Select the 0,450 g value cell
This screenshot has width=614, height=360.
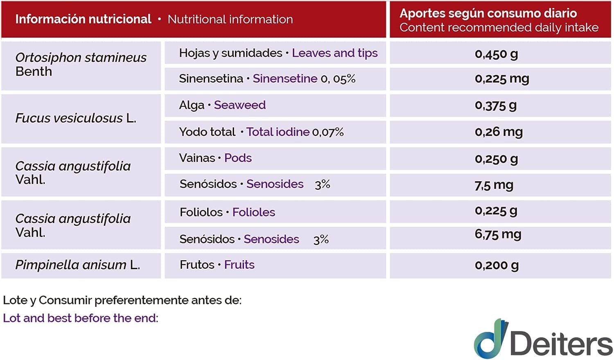coord(496,54)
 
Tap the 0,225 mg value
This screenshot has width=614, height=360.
coord(502,79)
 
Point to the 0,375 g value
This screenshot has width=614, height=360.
coord(496,106)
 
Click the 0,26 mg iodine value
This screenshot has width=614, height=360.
coord(499,132)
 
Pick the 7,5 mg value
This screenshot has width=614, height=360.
coord(494,185)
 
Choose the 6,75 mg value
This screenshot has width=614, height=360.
coord(498,234)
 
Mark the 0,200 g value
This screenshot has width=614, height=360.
coord(497,265)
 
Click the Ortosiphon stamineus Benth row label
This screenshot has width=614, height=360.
coord(81,64)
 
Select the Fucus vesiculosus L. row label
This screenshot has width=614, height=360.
coord(76,118)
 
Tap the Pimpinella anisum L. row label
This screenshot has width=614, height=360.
coord(78,265)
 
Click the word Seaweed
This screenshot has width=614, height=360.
coord(240,105)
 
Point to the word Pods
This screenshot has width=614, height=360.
coord(238,158)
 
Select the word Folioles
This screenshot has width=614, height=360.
coord(254,212)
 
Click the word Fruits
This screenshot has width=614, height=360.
coord(239,265)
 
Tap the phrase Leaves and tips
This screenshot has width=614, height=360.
coord(334,53)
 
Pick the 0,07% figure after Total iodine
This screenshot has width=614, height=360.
coord(328,132)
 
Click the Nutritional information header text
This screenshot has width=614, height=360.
coord(230,19)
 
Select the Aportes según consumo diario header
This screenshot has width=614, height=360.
coord(488,13)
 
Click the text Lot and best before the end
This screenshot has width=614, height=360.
coord(81,318)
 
